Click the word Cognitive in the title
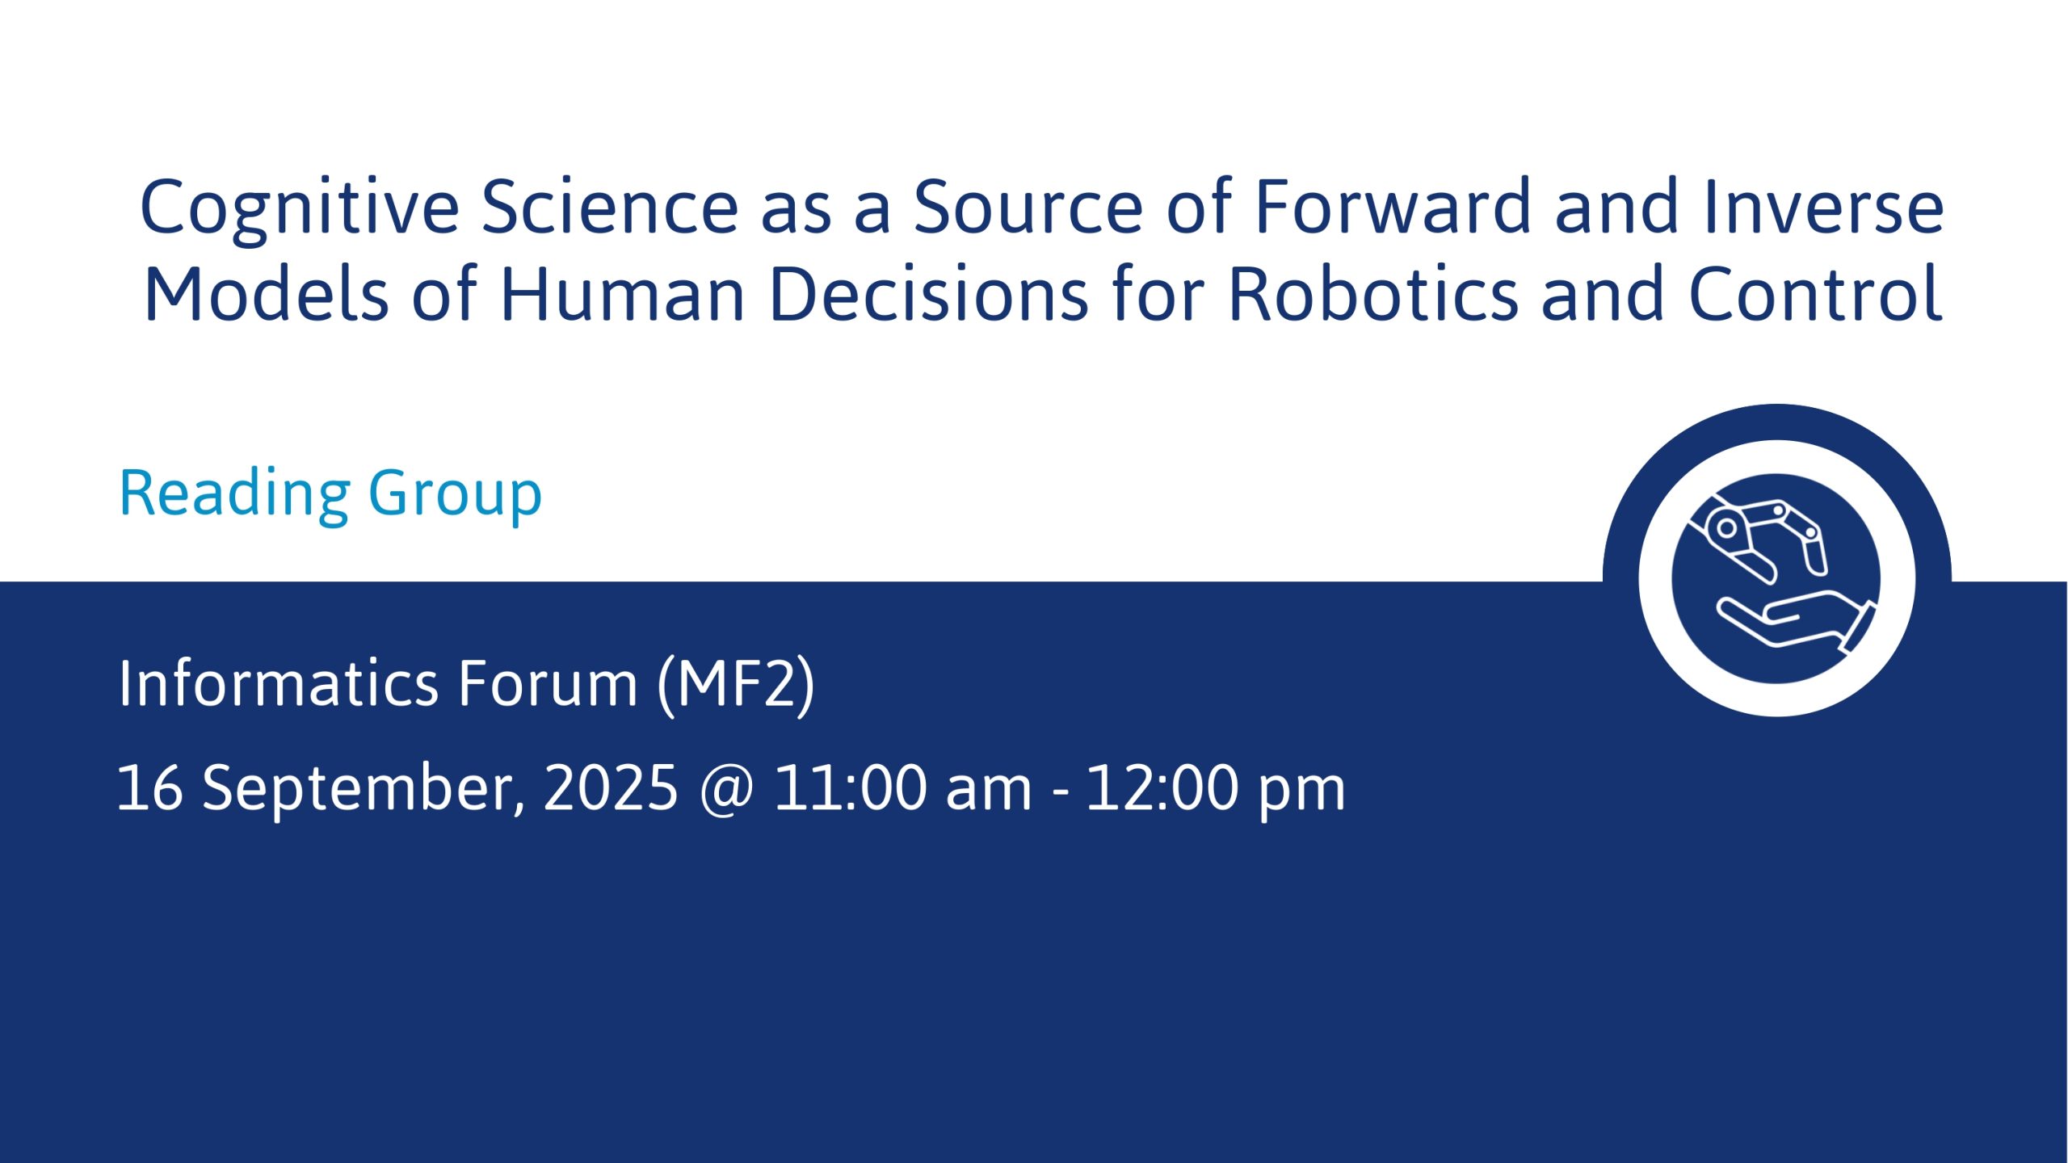(300, 209)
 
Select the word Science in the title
(610, 207)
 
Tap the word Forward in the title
(1392, 207)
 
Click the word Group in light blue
(455, 495)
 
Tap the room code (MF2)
(736, 686)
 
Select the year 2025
(611, 787)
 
